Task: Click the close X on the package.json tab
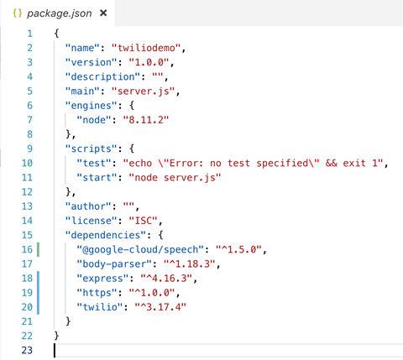(x=103, y=13)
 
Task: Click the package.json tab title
(x=60, y=13)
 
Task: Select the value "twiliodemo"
(x=146, y=48)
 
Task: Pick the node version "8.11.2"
(x=146, y=120)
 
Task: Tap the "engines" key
(x=91, y=106)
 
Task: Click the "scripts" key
(x=91, y=149)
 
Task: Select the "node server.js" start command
(x=175, y=178)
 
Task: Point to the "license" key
(x=91, y=221)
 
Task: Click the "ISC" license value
(x=143, y=221)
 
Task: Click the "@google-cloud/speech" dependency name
(x=140, y=249)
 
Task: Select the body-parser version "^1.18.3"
(x=189, y=263)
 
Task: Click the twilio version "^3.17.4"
(x=160, y=307)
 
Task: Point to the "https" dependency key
(x=97, y=293)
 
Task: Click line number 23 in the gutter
(x=27, y=350)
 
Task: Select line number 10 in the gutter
(x=27, y=163)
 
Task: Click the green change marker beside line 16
(x=38, y=249)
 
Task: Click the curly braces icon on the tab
(x=18, y=13)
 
